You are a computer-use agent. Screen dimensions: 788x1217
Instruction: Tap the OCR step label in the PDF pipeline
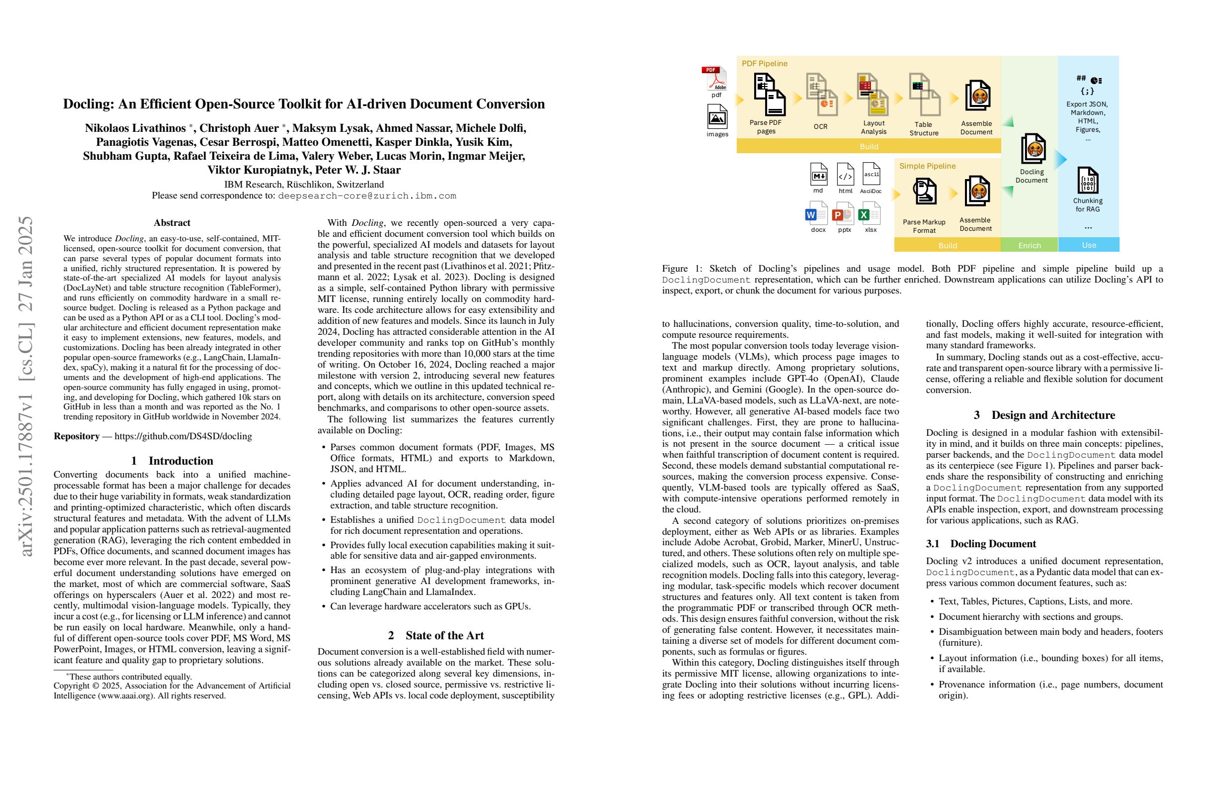(820, 126)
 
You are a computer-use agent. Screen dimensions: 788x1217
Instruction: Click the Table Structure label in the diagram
(924, 128)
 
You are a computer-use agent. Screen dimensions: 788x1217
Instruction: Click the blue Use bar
(1089, 245)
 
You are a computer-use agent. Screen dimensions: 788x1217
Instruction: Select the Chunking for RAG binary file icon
(1088, 180)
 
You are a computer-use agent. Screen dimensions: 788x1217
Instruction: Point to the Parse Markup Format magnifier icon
(925, 192)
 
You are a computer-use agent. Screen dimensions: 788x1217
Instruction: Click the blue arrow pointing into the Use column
(1061, 159)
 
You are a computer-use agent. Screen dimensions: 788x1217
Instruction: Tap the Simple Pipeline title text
(927, 166)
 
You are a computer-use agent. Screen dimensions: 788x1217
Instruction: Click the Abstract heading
(172, 222)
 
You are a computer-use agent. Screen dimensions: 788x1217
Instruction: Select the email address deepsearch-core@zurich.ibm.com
(366, 196)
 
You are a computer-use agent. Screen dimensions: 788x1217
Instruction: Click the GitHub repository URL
(183, 436)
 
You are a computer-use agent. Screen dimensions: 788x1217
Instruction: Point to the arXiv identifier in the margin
(25, 386)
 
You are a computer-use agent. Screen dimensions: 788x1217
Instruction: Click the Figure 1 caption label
(683, 269)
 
